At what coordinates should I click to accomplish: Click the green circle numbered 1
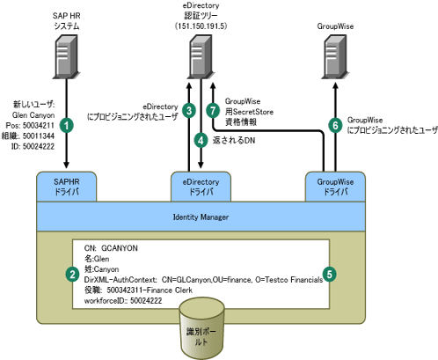click(x=67, y=126)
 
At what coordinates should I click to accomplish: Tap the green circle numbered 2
click(x=72, y=275)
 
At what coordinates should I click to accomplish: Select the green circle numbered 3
click(x=189, y=111)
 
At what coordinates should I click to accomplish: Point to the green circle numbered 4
click(x=201, y=141)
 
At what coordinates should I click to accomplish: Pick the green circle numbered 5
click(x=330, y=274)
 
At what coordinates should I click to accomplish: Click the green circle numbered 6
click(x=336, y=126)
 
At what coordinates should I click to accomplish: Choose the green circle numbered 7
click(x=213, y=111)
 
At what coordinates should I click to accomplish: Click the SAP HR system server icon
click(x=66, y=56)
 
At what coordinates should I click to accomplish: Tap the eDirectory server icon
click(x=201, y=56)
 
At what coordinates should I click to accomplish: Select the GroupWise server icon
click(x=335, y=56)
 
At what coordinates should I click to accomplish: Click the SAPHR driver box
click(x=67, y=187)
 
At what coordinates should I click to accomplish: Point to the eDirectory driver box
click(x=201, y=187)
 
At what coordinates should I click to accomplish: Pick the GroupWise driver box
click(x=335, y=187)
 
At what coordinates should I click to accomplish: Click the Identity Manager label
click(x=201, y=217)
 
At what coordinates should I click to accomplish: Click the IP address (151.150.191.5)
click(x=201, y=26)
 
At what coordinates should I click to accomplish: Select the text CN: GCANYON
click(x=111, y=248)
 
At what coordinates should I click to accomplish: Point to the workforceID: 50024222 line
click(x=123, y=301)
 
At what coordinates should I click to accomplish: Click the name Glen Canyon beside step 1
click(x=33, y=115)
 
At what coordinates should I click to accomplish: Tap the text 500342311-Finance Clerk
click(x=150, y=290)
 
